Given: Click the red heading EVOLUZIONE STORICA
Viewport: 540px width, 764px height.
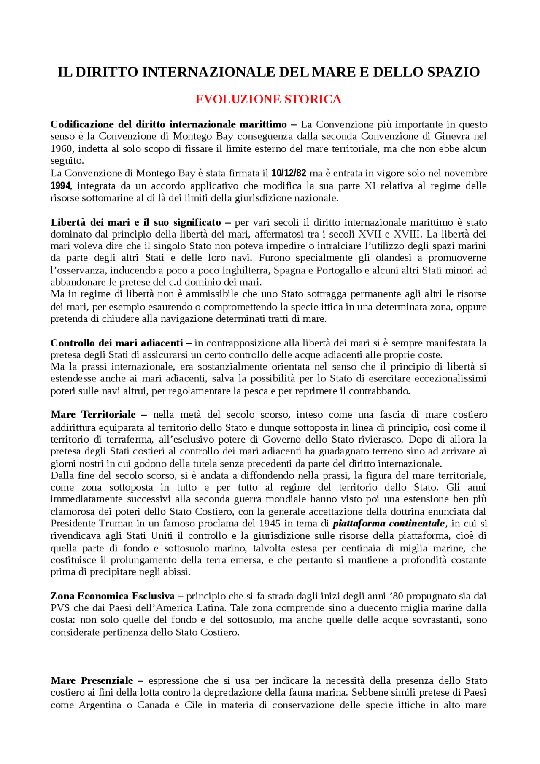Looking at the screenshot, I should [x=268, y=99].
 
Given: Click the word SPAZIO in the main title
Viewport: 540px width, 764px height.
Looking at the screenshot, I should [x=454, y=72].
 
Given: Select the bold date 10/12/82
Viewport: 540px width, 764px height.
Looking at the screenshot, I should [x=289, y=173].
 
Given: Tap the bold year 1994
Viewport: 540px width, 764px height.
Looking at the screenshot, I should [x=60, y=186].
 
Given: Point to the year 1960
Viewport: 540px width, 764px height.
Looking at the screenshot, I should [x=61, y=148].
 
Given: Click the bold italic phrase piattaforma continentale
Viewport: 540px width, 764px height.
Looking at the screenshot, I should [x=389, y=524].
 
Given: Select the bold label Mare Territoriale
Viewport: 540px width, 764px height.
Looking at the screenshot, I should [x=93, y=415].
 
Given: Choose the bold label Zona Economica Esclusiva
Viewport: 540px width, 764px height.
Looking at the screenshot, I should [x=112, y=596].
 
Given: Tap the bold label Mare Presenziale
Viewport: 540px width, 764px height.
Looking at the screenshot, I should [x=92, y=680].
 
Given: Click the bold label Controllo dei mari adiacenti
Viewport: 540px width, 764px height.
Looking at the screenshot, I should [x=116, y=343].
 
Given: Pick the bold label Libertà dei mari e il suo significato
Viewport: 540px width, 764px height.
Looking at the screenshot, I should [x=135, y=222].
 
